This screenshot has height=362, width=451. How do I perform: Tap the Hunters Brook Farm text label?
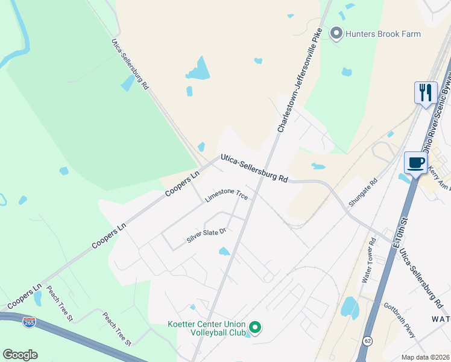tap(383, 34)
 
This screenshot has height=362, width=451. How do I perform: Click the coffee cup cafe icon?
tap(416, 162)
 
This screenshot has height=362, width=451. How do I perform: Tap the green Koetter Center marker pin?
tap(255, 328)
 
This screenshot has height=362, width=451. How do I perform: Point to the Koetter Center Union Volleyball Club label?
tap(207, 328)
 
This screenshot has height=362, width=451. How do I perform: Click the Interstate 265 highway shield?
tap(28, 322)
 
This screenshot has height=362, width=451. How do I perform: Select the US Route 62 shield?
tap(367, 341)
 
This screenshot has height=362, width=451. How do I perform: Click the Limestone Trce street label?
tap(226, 196)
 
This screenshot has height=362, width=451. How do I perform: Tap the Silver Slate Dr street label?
tap(206, 235)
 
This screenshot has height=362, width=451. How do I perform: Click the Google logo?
tap(20, 355)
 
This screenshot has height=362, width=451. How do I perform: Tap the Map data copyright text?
tap(426, 357)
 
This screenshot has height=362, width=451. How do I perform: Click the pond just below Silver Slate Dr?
tap(224, 251)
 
